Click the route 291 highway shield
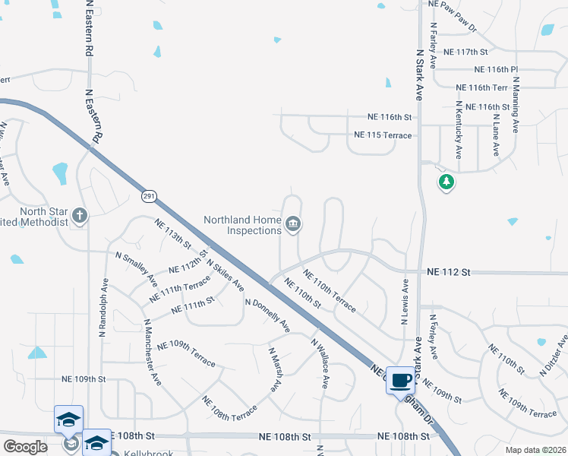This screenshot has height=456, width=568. pyautogui.click(x=148, y=196)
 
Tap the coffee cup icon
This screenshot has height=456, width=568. pyautogui.click(x=400, y=380)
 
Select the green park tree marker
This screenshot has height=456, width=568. pyautogui.click(x=447, y=182)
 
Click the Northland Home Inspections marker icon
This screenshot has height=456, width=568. pyautogui.click(x=293, y=224)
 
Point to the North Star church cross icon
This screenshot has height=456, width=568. pyautogui.click(x=79, y=216)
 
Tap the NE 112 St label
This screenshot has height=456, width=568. pyautogui.click(x=450, y=271)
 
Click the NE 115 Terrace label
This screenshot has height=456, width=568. pyautogui.click(x=383, y=135)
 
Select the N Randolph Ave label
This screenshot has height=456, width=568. pyautogui.click(x=103, y=307)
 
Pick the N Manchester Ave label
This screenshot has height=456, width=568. pyautogui.click(x=153, y=350)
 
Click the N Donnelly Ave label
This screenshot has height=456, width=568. pyautogui.click(x=267, y=315)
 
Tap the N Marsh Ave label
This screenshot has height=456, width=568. pyautogui.click(x=275, y=370)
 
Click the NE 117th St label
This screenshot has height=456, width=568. pyautogui.click(x=465, y=52)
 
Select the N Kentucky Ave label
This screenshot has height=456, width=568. pyautogui.click(x=458, y=129)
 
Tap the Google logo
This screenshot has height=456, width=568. pyautogui.click(x=25, y=447)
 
